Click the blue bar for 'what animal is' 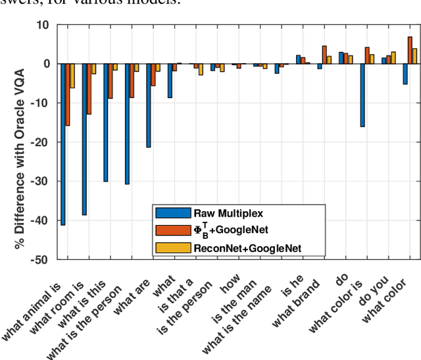coord(63,144)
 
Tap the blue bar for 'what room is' coord(84,139)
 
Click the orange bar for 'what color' coord(410,50)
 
